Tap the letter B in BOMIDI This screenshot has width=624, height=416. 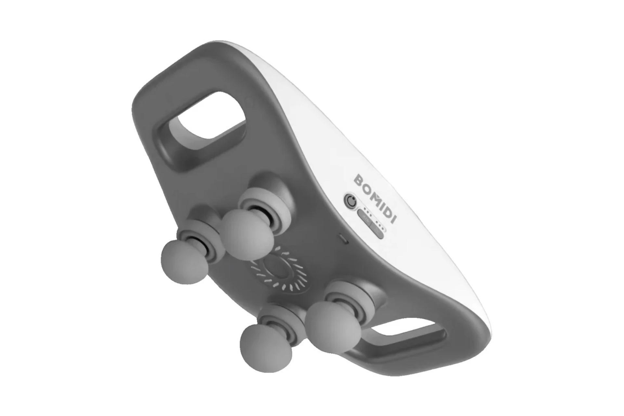[358, 180]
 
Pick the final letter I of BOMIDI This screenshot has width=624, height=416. [394, 219]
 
